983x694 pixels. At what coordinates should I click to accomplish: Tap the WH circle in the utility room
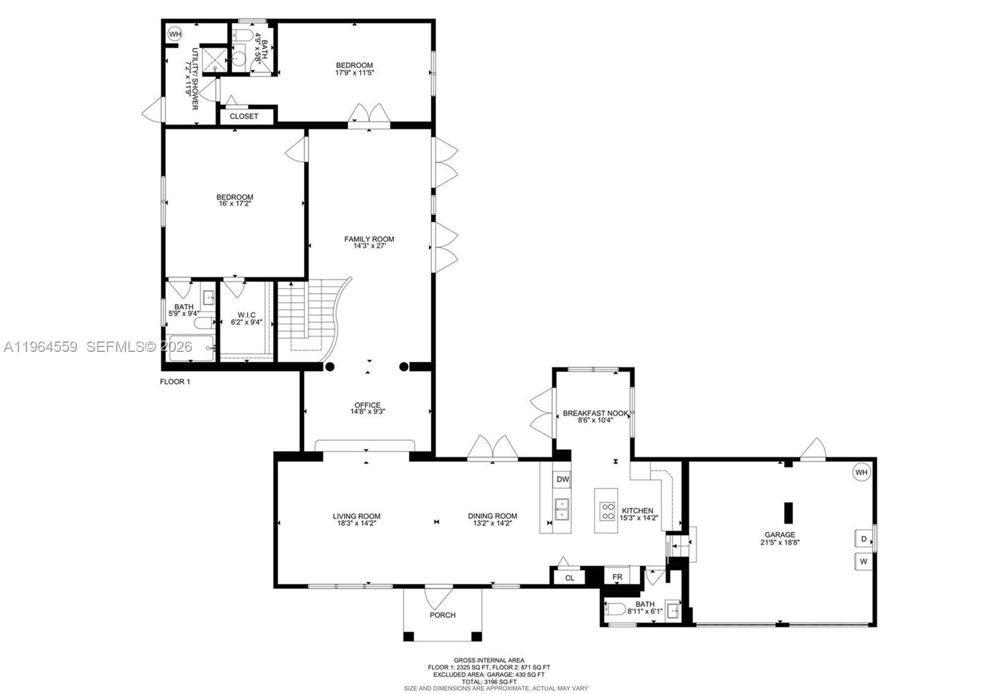coord(174,34)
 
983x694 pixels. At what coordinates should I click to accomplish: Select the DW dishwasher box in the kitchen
coord(562,479)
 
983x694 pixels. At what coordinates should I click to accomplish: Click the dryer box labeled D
coord(864,539)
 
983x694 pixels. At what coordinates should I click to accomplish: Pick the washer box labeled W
coord(864,561)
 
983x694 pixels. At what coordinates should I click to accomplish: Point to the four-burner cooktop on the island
coord(608,511)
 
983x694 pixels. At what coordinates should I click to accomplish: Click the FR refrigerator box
coord(617,577)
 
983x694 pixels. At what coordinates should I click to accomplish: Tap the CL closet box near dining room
coord(570,577)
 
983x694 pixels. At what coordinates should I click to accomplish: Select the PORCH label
coord(442,615)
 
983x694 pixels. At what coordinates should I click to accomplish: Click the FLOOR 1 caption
coord(175,381)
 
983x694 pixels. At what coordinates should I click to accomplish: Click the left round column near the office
coord(330,367)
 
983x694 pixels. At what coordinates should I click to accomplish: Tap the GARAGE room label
coord(780,534)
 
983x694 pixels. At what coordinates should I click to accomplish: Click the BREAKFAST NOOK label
coord(595,413)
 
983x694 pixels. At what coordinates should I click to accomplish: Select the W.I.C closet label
coord(246,314)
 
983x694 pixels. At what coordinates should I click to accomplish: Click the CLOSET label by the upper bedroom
coord(244,116)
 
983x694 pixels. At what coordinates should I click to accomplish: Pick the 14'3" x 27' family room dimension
coord(369,247)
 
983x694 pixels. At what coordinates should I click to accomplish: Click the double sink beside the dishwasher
coord(562,509)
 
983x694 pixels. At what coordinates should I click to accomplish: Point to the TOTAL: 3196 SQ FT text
coord(488,681)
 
